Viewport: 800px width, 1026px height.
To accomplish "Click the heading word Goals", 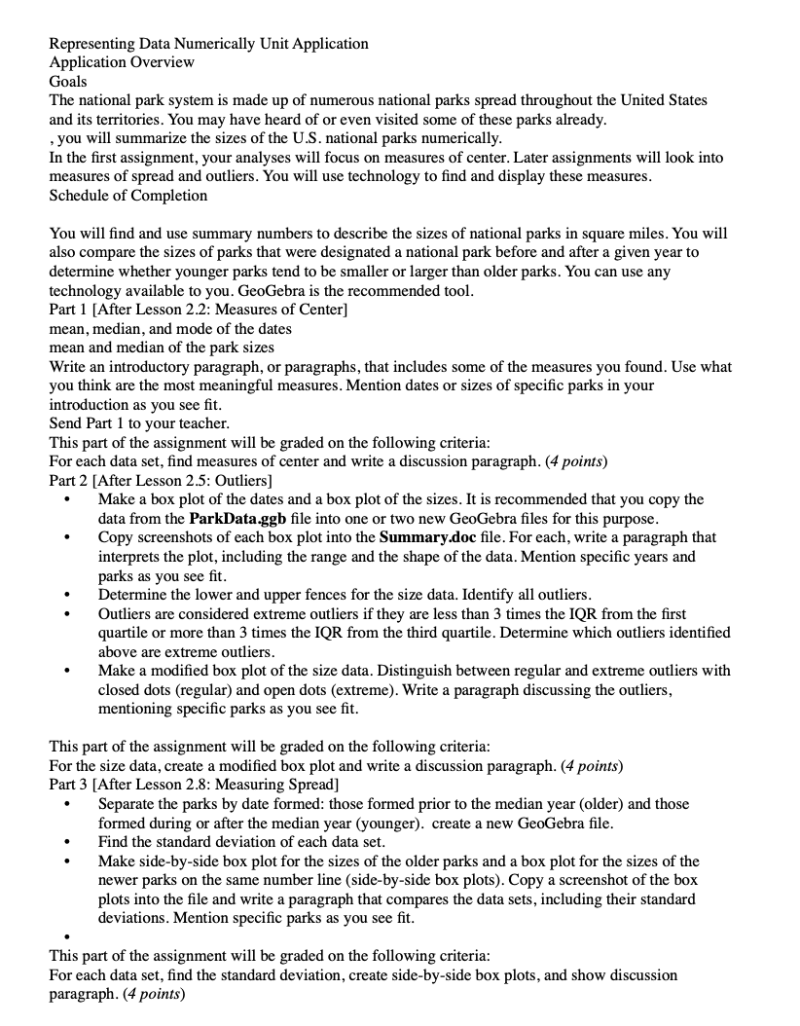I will click(68, 82).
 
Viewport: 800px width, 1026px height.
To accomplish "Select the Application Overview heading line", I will click(122, 62).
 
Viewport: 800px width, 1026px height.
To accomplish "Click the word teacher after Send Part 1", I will click(205, 423).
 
